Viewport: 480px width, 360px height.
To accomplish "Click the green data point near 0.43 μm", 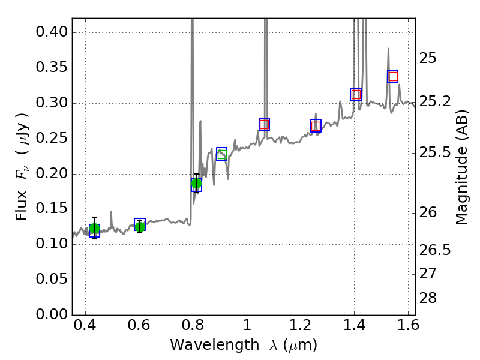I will coord(94,229).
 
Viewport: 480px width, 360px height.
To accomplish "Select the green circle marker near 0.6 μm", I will coord(140,226).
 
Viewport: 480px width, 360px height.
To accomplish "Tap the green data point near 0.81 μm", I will coord(196,184).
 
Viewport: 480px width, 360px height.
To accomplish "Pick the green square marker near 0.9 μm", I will coord(222,154).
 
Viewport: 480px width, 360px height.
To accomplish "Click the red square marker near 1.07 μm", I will coord(264,124).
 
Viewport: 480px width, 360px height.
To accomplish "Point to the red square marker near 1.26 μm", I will coord(316,125).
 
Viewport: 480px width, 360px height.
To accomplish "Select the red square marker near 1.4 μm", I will coord(356,94).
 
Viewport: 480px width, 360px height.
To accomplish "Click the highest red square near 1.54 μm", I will coord(393,76).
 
